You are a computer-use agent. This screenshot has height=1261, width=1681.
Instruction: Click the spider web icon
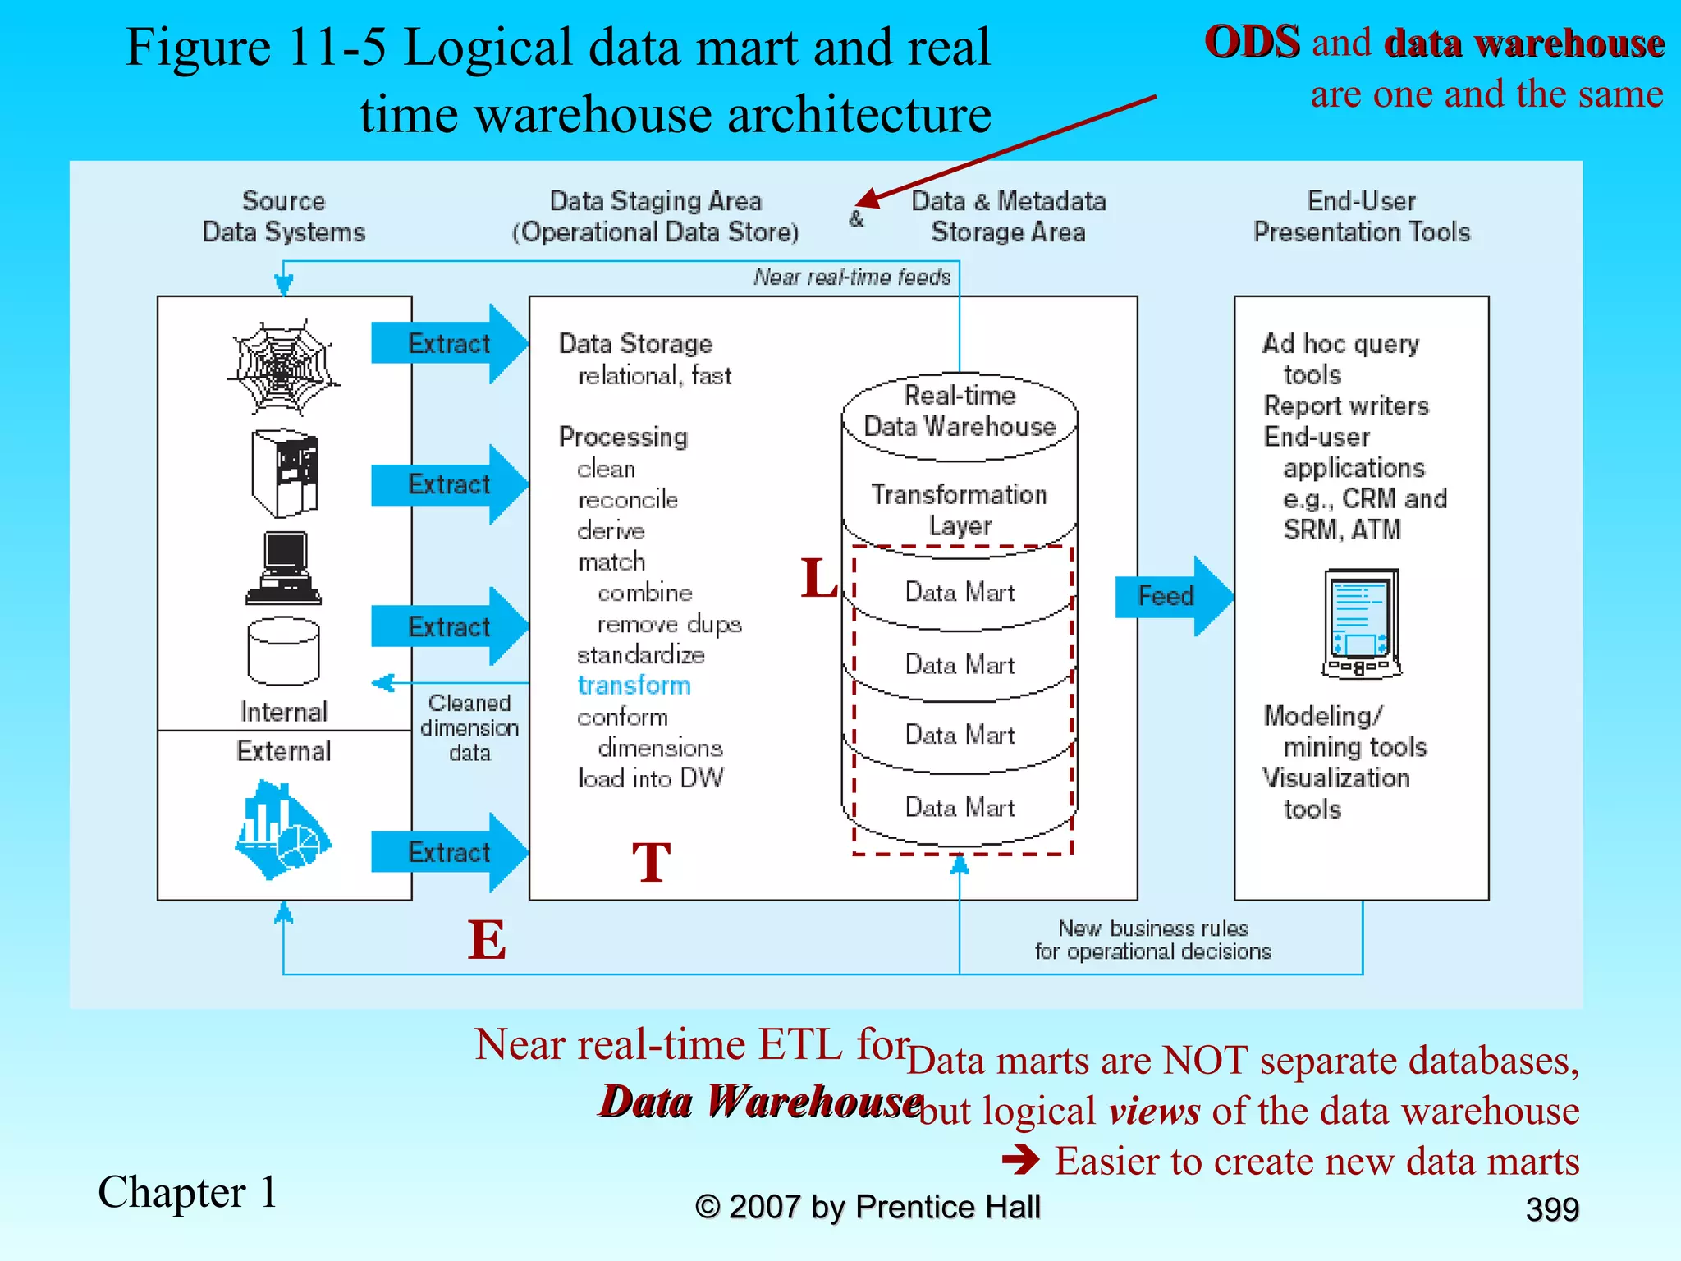(283, 367)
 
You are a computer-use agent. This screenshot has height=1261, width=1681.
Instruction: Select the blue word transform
(634, 686)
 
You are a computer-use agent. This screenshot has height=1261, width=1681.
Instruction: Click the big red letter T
(652, 863)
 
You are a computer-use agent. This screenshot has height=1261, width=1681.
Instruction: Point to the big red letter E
(487, 940)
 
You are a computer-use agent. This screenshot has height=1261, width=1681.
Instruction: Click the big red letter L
(818, 577)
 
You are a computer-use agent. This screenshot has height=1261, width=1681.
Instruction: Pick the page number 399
(1551, 1209)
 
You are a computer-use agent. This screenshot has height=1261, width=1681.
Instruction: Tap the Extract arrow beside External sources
(448, 852)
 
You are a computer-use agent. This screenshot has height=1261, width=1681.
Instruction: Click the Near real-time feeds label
(852, 277)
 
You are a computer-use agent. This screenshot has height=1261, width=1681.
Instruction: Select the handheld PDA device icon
(1361, 624)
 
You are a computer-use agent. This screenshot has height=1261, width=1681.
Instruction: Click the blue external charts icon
(282, 831)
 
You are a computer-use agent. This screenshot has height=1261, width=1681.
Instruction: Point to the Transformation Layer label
(959, 510)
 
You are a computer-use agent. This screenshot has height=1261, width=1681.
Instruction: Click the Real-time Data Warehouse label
(959, 410)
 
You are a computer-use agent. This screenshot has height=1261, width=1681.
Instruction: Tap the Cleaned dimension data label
(469, 727)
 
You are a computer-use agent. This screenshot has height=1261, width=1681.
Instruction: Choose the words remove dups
(668, 624)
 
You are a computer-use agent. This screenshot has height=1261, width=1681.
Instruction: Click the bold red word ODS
(1252, 43)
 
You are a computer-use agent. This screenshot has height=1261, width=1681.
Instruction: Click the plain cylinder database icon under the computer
(283, 651)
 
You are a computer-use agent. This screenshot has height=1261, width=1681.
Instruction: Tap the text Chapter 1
(188, 1192)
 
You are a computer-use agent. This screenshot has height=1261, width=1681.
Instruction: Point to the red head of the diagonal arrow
(865, 199)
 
